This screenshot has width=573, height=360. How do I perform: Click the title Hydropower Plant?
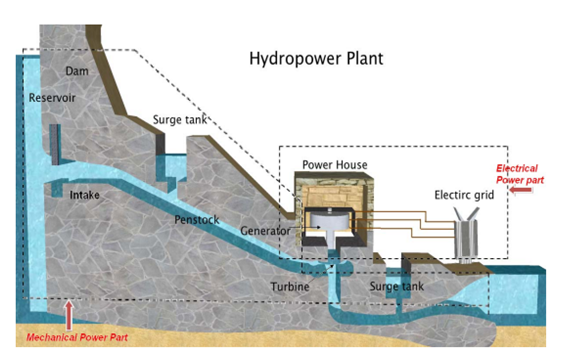(x=315, y=59)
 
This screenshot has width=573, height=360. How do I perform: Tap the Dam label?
(x=76, y=71)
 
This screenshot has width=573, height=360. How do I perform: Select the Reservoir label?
(x=56, y=99)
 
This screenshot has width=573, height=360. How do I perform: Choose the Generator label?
(x=265, y=231)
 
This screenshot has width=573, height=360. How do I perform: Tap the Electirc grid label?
(x=464, y=196)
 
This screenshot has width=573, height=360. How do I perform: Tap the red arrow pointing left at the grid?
(x=519, y=187)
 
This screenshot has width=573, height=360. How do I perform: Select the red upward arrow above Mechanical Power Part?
(x=69, y=313)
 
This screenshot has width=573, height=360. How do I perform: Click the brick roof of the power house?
(x=331, y=181)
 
